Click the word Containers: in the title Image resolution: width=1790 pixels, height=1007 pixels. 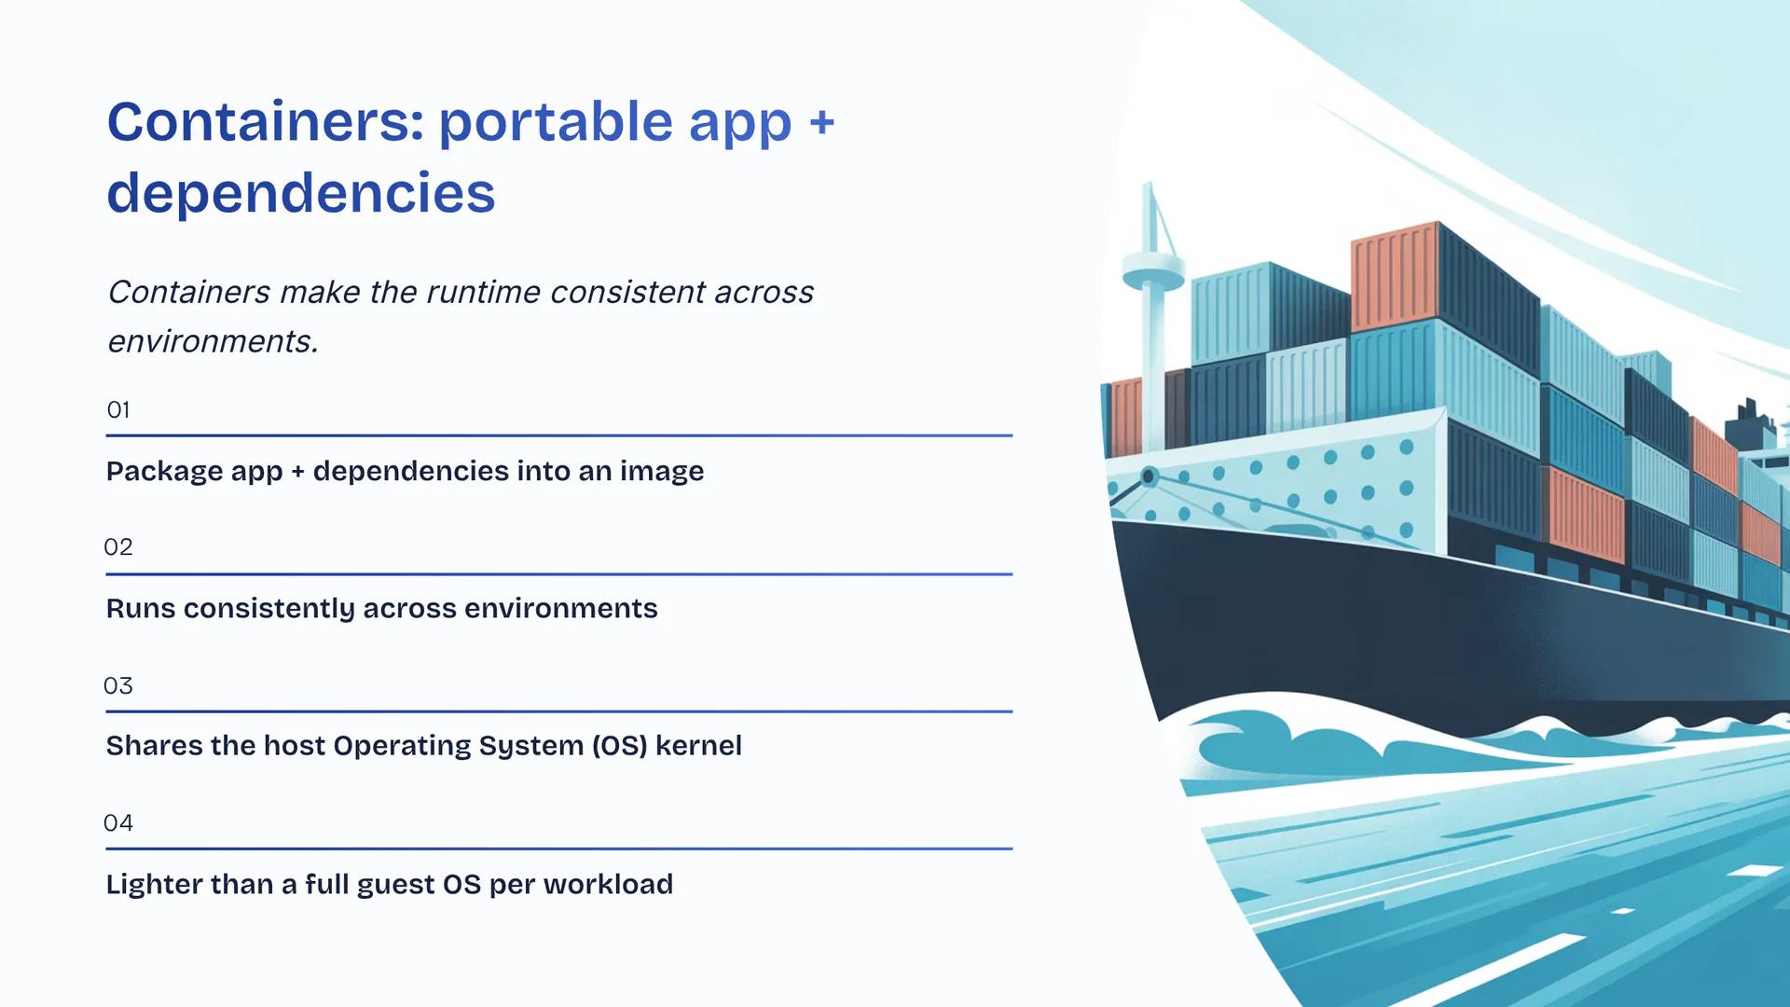point(266,122)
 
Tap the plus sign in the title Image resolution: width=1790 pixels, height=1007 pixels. point(821,123)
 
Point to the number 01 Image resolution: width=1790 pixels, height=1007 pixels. point(118,410)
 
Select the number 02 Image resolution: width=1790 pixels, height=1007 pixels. point(118,547)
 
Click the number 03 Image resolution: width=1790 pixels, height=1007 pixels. point(118,686)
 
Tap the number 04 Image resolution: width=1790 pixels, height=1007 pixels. point(118,823)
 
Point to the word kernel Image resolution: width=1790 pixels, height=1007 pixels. point(698,746)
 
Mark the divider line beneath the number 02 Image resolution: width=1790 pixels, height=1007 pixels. point(559,574)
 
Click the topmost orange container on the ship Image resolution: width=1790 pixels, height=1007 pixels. point(1395,276)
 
